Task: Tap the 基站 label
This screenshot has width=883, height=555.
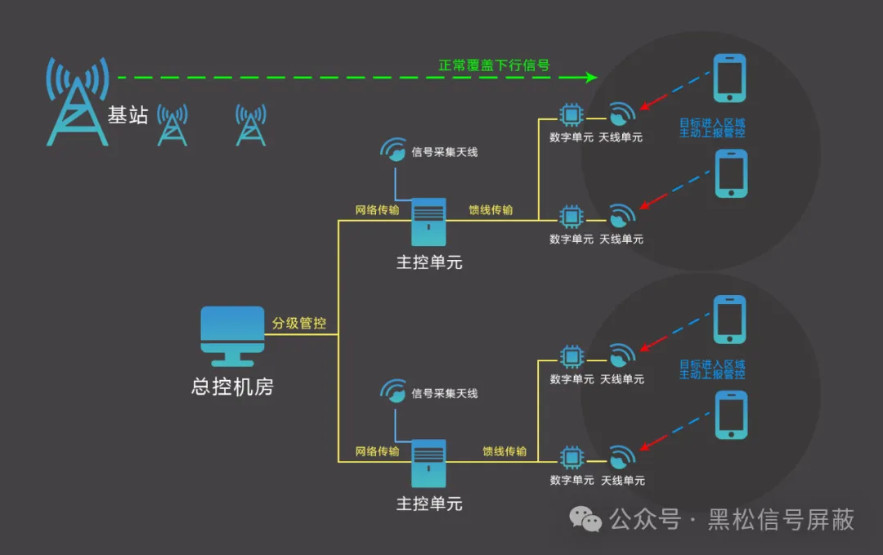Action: [x=128, y=115]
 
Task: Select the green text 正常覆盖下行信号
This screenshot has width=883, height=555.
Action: [x=494, y=65]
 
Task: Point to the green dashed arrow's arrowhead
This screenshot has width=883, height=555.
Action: [x=591, y=78]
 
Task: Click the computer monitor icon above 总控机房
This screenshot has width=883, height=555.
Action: [x=233, y=336]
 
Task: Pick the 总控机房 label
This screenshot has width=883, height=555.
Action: [x=232, y=387]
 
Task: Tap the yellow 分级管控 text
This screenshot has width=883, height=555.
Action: [x=299, y=323]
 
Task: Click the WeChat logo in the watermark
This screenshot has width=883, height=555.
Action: [x=586, y=518]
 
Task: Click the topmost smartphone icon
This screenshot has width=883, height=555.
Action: [x=729, y=78]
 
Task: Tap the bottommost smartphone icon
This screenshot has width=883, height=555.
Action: [x=731, y=415]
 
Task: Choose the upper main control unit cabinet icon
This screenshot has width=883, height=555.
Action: [x=429, y=222]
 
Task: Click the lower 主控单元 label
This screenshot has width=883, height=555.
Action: [x=429, y=504]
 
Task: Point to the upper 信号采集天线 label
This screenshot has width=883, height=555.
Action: [x=445, y=152]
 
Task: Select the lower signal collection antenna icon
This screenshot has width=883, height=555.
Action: [x=394, y=392]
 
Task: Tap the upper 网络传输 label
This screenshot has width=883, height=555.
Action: [x=378, y=210]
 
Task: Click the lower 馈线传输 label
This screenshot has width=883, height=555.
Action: [x=504, y=451]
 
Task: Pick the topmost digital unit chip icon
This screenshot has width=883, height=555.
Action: [x=571, y=114]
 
